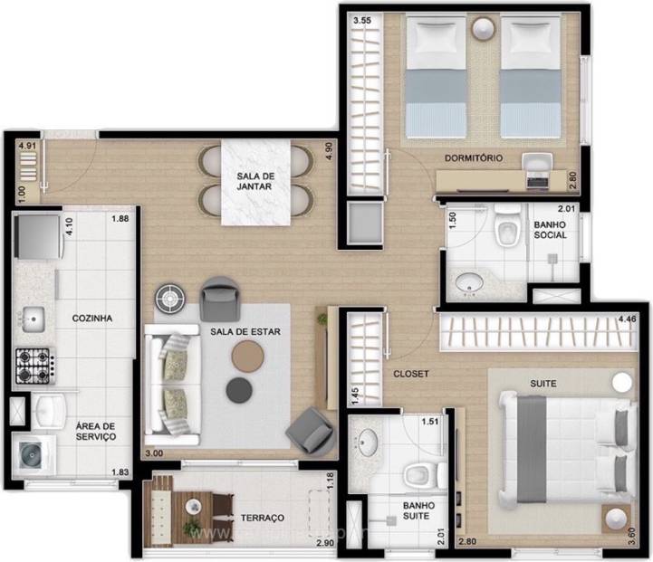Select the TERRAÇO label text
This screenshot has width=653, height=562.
pos(262,518)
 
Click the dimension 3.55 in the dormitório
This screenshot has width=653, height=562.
pos(362,19)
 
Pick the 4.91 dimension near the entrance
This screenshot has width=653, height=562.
pos(27,145)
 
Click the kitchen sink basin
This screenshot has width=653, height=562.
pos(34,319)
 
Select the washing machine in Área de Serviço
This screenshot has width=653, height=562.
pos(32,452)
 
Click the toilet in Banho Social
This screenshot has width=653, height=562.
pos(504,232)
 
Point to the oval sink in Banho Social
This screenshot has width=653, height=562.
pos(467,283)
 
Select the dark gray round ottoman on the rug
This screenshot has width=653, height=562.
pos(239,389)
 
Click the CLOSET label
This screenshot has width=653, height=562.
pos(410,373)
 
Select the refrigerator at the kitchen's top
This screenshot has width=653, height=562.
pos(35,236)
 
